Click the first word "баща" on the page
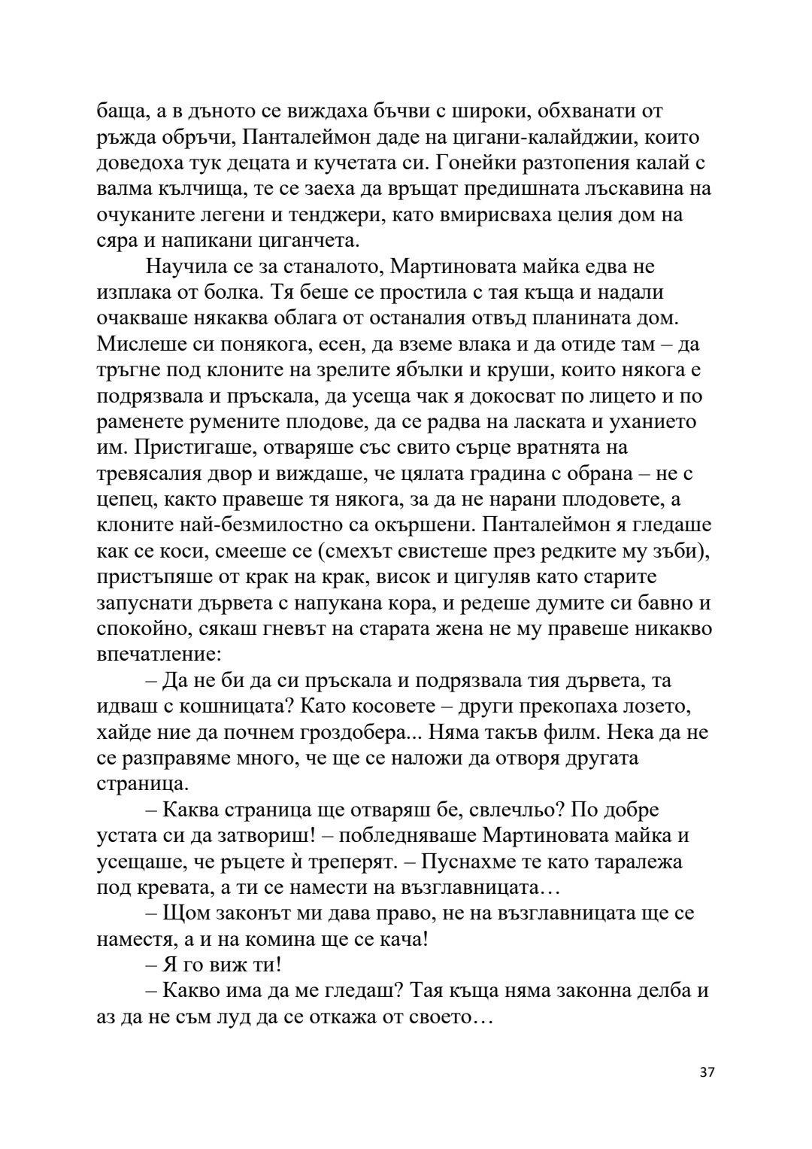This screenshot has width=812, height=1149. point(120,112)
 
